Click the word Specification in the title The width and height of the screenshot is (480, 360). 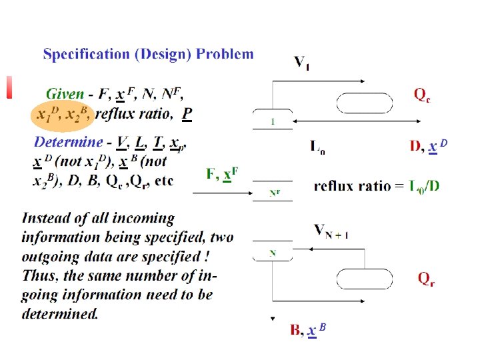tap(87, 55)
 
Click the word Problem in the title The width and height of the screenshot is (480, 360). tap(225, 55)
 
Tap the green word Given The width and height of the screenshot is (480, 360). tap(65, 95)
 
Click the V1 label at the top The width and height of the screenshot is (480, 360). tap(301, 63)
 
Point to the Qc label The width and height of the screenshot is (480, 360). tap(422, 95)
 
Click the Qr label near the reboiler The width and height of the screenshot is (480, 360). tap(427, 278)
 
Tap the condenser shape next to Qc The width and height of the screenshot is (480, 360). tap(364, 103)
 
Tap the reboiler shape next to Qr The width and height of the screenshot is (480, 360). tap(364, 279)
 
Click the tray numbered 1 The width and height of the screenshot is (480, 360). tap(273, 121)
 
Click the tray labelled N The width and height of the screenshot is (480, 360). tap(273, 253)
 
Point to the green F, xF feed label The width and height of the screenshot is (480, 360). tap(222, 175)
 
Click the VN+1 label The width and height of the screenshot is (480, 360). tap(331, 231)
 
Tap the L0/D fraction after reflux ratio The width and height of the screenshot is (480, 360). tap(424, 185)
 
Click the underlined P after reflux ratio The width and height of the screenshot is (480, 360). tap(187, 114)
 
